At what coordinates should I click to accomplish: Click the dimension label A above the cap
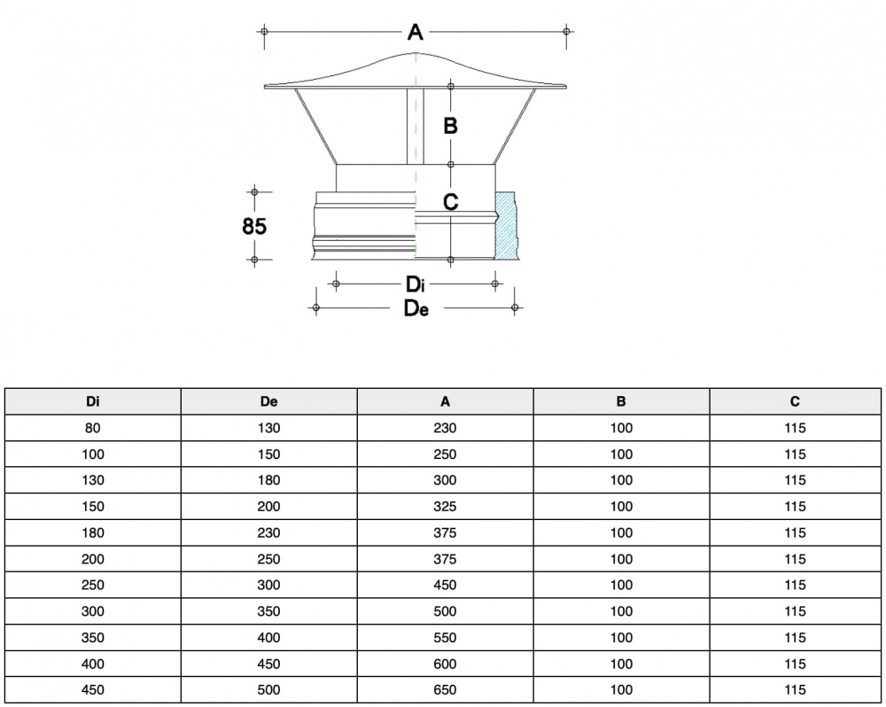[x=416, y=33]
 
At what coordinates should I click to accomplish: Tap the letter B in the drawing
[x=450, y=127]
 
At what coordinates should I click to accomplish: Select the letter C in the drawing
[x=450, y=202]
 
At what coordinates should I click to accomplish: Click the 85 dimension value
[x=254, y=226]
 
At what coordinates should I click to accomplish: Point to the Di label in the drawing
[x=416, y=285]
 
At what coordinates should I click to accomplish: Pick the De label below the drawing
[x=416, y=308]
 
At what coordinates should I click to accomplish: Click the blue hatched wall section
[x=507, y=225]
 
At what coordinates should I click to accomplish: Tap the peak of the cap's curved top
[x=416, y=54]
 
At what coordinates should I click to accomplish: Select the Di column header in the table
[x=93, y=401]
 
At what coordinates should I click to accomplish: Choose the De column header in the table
[x=269, y=401]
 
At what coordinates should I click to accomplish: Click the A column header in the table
[x=446, y=401]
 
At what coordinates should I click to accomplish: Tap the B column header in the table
[x=622, y=401]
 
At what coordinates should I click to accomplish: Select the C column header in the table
[x=796, y=401]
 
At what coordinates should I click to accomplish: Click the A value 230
[x=446, y=428]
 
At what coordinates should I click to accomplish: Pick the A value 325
[x=446, y=507]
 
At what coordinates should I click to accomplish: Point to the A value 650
[x=446, y=690]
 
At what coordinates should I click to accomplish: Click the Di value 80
[x=93, y=428]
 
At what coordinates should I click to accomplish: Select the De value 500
[x=269, y=690]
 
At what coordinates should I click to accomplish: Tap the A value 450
[x=446, y=585]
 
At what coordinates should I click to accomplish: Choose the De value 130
[x=269, y=428]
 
